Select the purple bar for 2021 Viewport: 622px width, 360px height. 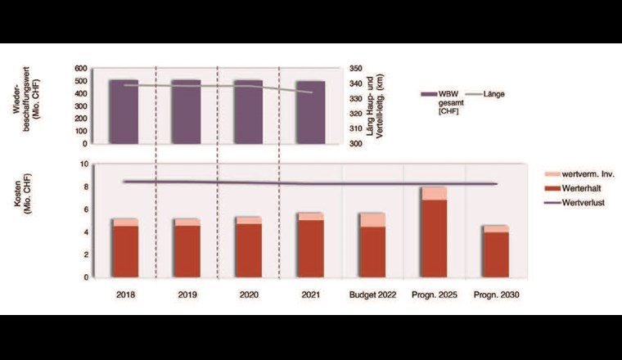[310, 112]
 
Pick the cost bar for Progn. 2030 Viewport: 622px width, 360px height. [495, 254]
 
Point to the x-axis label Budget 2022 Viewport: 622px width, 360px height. [372, 295]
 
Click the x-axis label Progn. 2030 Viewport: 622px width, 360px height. [496, 295]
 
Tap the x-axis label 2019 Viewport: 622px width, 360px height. [187, 295]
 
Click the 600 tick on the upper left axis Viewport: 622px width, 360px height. [80, 69]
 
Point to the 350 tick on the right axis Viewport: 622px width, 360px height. [356, 69]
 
